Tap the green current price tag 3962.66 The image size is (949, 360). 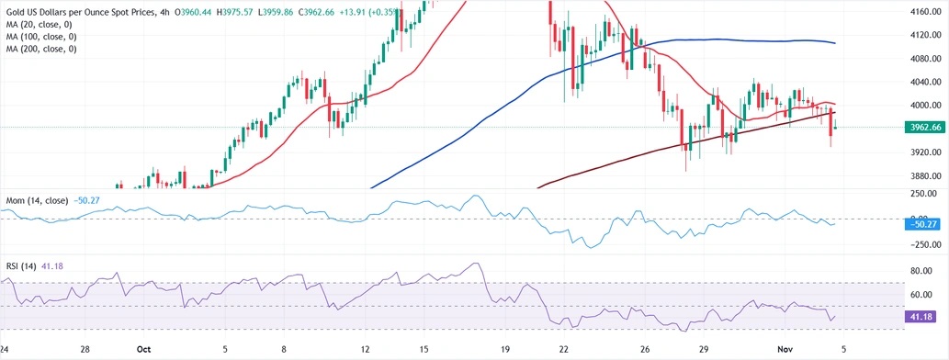pos(921,128)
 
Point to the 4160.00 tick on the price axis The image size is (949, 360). pos(921,11)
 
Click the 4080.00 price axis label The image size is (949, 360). pos(921,58)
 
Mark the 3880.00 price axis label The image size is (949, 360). pos(921,175)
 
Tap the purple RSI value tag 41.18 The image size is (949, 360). pos(921,315)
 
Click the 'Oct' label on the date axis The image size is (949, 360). pos(142,350)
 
